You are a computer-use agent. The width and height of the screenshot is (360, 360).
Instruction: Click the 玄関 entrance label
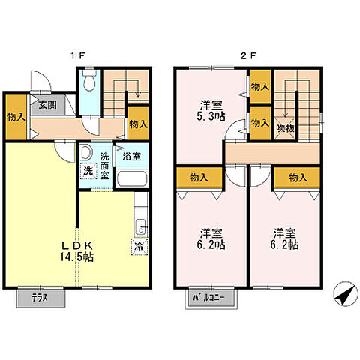[47, 105]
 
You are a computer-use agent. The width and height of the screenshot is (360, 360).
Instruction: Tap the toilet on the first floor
[89, 79]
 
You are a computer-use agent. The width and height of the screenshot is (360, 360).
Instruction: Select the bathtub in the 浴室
[132, 178]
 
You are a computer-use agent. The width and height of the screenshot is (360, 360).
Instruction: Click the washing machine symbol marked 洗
[88, 171]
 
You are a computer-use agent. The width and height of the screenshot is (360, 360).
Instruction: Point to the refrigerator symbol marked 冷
[139, 247]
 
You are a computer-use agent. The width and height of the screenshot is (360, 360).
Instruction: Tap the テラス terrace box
[40, 298]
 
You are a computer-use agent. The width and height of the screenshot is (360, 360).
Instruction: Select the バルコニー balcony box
[211, 298]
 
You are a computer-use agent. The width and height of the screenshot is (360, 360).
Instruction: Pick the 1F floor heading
[78, 55]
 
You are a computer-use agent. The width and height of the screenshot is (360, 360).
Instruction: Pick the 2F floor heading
[248, 55]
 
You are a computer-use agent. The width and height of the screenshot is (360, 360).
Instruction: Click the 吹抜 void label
[285, 128]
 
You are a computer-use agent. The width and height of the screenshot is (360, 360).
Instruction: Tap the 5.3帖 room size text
[211, 117]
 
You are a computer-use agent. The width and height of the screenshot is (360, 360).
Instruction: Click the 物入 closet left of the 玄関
[16, 117]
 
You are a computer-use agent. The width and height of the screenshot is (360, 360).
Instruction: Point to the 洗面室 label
[104, 166]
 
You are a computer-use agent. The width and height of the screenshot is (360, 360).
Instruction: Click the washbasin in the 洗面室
[86, 153]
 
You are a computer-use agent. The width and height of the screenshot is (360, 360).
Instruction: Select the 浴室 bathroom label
[132, 157]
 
